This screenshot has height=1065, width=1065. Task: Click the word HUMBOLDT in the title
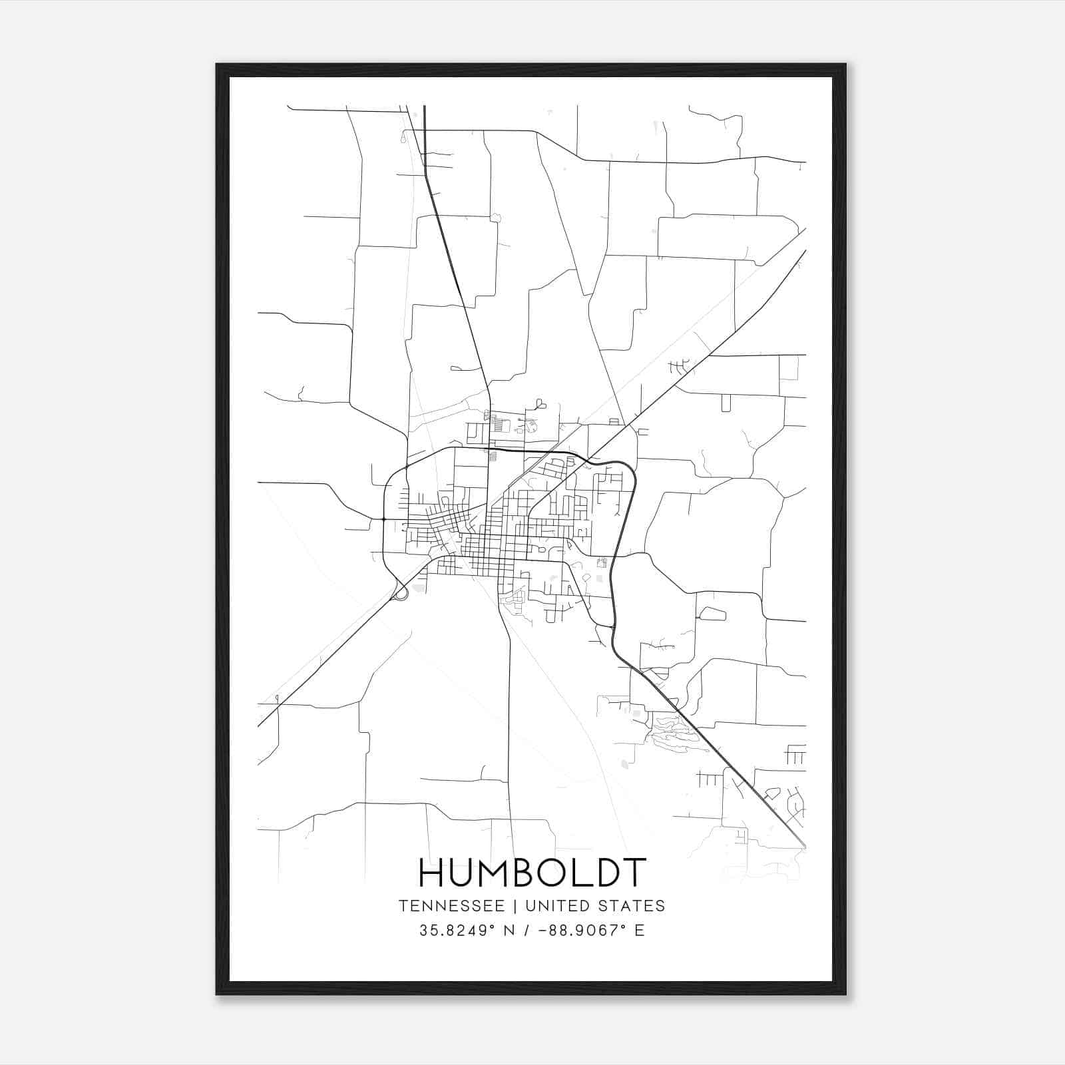pyautogui.click(x=532, y=873)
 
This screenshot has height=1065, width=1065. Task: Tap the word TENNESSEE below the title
pyautogui.click(x=451, y=906)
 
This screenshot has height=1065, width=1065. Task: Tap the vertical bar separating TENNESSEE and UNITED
pyautogui.click(x=515, y=906)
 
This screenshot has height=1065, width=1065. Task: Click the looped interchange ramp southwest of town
pyautogui.click(x=401, y=592)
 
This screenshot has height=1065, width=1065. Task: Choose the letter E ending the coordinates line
pyautogui.click(x=640, y=931)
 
